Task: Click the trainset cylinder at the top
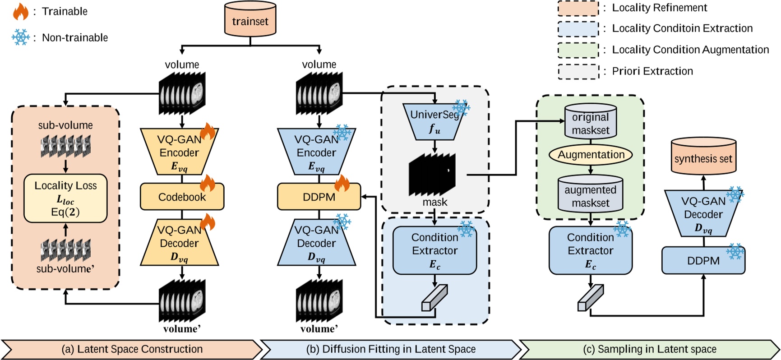click(x=250, y=20)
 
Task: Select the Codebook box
click(x=182, y=197)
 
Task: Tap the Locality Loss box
click(x=65, y=198)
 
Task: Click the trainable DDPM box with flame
click(x=319, y=197)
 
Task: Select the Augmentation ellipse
click(x=591, y=155)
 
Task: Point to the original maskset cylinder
click(x=591, y=122)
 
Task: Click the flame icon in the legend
click(x=20, y=12)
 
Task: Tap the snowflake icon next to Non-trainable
click(x=20, y=37)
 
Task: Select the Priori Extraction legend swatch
click(x=578, y=72)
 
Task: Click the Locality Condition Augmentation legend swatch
click(x=578, y=50)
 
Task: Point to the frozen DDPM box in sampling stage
click(x=703, y=261)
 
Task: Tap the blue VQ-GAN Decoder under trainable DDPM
click(x=316, y=243)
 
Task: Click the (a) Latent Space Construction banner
click(x=132, y=349)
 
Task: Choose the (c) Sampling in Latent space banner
click(x=649, y=349)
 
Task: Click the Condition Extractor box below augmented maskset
click(x=590, y=250)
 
